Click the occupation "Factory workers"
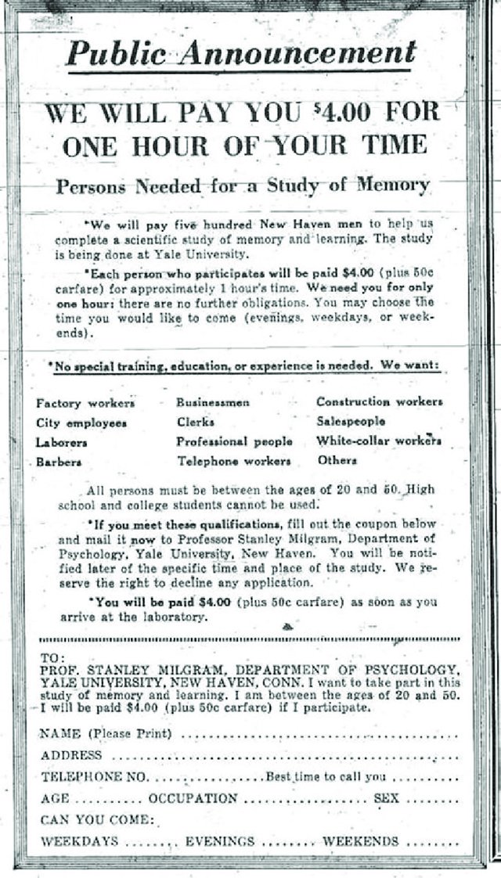(x=85, y=403)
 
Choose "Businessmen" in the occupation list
(x=213, y=402)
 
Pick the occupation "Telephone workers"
(x=233, y=461)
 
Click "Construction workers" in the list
(x=379, y=401)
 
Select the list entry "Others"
(x=337, y=460)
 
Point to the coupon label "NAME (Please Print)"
(x=106, y=734)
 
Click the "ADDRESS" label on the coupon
(x=71, y=755)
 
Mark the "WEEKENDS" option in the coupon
(x=361, y=841)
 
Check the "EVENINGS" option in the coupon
(x=220, y=841)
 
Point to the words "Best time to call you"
(x=326, y=777)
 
